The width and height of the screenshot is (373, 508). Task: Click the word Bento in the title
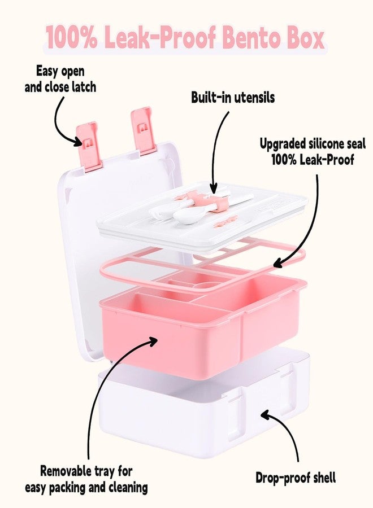click(251, 38)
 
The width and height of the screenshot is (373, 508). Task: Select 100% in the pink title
click(71, 38)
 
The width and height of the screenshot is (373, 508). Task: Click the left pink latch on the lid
click(88, 146)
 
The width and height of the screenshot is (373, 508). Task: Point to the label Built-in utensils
click(233, 97)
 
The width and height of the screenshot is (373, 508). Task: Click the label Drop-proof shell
click(296, 478)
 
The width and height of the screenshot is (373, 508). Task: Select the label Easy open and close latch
click(60, 80)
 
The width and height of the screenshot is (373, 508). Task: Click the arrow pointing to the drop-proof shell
click(289, 431)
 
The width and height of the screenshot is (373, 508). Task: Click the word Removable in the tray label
click(63, 471)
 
